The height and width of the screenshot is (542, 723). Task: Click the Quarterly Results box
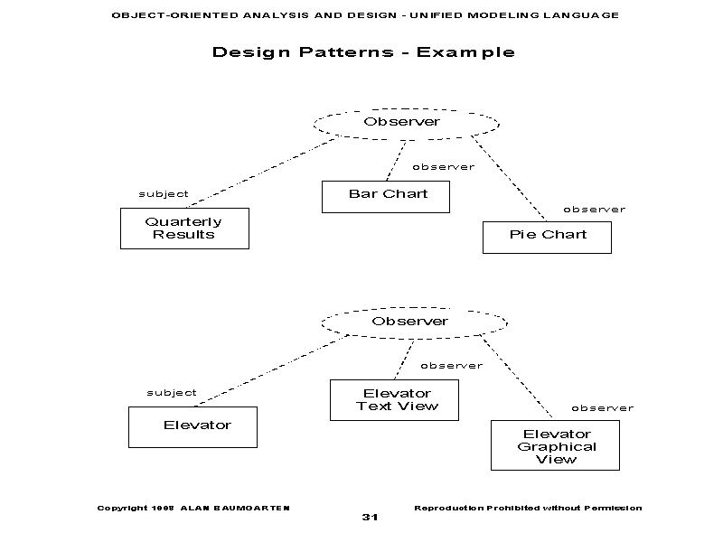[x=184, y=229]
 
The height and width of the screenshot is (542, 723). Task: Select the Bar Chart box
[x=386, y=196]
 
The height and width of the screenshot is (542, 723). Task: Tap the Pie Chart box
[x=548, y=236]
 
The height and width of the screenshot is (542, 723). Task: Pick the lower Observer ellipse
[x=414, y=322]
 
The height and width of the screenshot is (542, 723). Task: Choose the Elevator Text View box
[x=394, y=400]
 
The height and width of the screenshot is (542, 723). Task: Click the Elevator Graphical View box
[x=555, y=445]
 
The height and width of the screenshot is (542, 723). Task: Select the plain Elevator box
[x=192, y=426]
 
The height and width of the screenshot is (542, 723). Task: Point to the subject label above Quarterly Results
[x=164, y=194]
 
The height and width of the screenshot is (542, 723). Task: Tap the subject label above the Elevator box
[x=172, y=393]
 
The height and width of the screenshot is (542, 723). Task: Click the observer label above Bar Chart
[x=443, y=167]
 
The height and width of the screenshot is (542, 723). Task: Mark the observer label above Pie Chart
[x=594, y=210]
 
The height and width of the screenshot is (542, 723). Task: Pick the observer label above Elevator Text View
[x=451, y=366]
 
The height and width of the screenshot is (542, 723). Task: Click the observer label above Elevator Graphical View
[x=602, y=408]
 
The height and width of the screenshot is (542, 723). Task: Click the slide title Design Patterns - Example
[x=363, y=52]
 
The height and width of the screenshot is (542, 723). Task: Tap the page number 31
[x=370, y=518]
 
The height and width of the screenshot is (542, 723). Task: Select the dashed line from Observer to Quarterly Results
[x=262, y=170]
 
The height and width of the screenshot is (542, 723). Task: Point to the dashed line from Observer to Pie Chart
[x=508, y=178]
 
